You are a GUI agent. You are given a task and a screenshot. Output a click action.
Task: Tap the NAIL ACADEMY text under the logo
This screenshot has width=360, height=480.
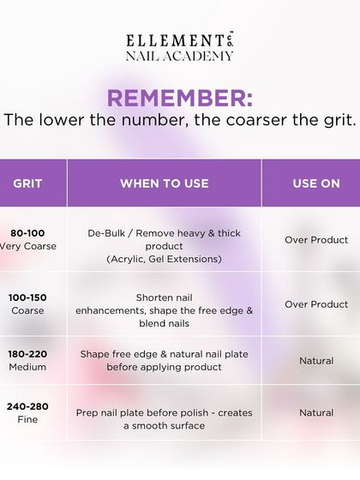180,57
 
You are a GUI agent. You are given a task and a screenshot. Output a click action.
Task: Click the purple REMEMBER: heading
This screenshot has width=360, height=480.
180,96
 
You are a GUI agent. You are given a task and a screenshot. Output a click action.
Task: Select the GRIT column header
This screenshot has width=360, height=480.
27,183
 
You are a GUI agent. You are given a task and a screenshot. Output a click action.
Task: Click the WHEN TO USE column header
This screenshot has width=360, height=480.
164,183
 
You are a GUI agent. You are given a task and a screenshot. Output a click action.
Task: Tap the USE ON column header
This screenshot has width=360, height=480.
316,183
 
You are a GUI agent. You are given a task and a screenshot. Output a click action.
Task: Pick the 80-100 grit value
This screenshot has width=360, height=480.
27,232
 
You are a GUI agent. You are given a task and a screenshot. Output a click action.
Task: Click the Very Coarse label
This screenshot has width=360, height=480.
27,246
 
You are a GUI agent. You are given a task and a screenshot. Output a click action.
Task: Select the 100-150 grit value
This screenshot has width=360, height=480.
27,297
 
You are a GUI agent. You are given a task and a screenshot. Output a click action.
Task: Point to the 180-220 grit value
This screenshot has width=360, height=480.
27,354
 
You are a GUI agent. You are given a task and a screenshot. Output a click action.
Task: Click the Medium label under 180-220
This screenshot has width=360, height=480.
27,367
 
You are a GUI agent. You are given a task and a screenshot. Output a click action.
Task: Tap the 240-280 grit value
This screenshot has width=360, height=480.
27,406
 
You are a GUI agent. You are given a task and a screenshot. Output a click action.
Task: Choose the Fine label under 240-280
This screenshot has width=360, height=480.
27,420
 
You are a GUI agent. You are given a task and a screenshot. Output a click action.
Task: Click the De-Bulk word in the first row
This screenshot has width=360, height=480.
108,233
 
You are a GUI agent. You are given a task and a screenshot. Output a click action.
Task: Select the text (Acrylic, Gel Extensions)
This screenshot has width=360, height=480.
164,259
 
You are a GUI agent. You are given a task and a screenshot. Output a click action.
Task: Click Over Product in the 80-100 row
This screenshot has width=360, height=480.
316,240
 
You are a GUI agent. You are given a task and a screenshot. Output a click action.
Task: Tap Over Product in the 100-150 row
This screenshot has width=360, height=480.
316,304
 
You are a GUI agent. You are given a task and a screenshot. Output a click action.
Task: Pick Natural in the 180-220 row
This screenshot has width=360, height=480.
316,361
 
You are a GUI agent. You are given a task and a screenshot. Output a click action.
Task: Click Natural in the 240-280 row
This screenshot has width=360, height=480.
316,412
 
